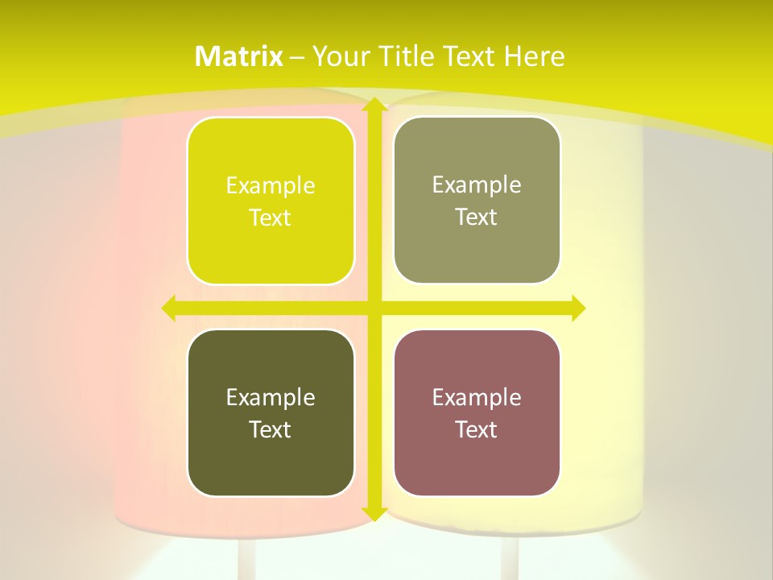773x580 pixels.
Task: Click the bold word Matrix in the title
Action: [239, 56]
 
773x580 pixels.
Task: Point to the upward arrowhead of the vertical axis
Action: [374, 105]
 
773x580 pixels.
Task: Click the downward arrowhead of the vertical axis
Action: [374, 513]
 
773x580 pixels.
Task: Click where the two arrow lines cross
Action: [374, 308]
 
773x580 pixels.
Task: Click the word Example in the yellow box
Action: [271, 186]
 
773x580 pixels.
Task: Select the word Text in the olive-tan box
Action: [477, 217]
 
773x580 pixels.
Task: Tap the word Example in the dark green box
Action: [271, 397]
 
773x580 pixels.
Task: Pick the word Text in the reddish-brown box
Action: [477, 429]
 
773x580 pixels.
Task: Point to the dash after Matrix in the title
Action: [297, 58]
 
